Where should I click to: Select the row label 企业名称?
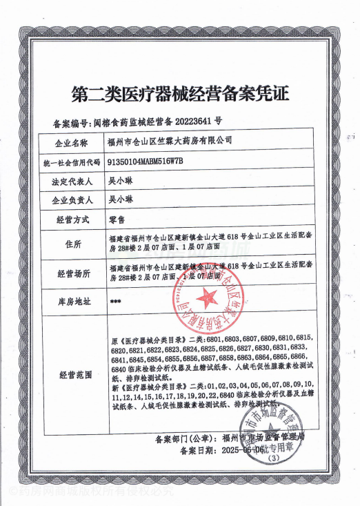[x=72, y=142]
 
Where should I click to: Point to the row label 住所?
[x=72, y=245]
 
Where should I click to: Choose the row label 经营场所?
[x=72, y=273]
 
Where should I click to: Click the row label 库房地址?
[x=72, y=302]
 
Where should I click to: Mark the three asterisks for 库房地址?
[x=116, y=302]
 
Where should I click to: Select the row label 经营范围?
[x=72, y=375]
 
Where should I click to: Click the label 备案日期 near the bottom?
[x=197, y=451]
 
